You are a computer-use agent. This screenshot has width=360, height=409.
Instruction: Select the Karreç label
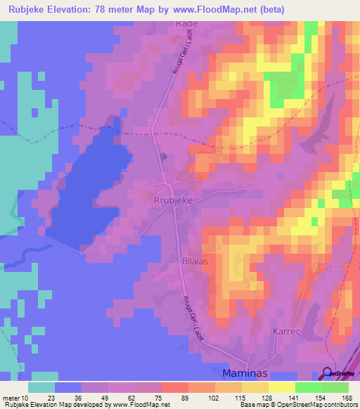click(288, 330)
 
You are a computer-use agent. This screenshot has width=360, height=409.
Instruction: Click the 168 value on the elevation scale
click(347, 398)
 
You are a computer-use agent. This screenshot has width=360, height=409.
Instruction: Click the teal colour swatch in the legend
click(41, 387)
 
